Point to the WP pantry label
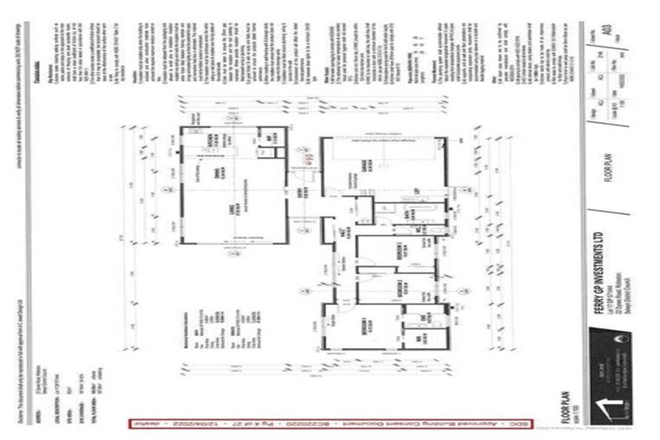point(269,138)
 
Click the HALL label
point(341,233)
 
